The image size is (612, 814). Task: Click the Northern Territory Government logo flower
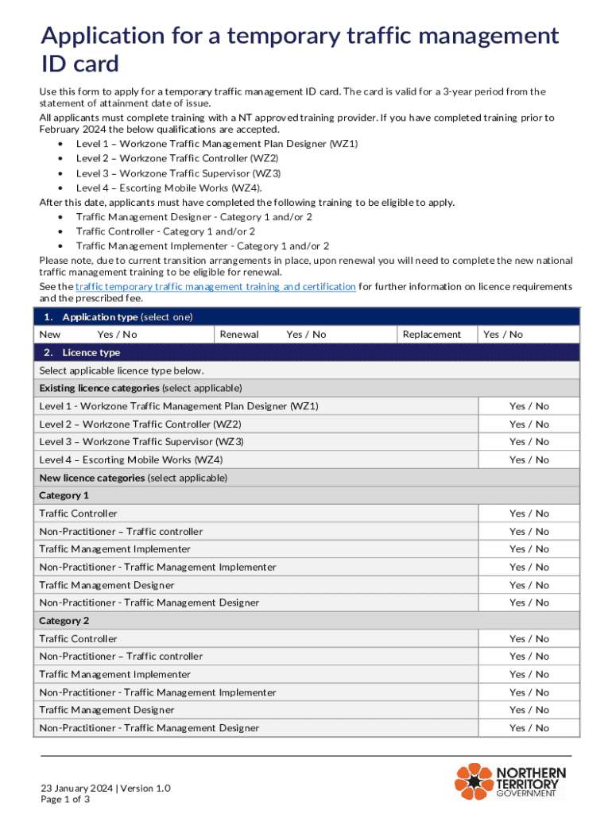pyautogui.click(x=474, y=781)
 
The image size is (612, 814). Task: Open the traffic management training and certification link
pyautogui.click(x=215, y=286)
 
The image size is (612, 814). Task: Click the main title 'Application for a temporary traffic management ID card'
pyautogui.click(x=300, y=49)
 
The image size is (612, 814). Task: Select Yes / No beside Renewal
pyautogui.click(x=306, y=335)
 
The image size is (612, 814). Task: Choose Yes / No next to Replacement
pyautogui.click(x=503, y=335)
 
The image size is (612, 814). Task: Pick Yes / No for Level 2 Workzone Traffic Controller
pyautogui.click(x=529, y=424)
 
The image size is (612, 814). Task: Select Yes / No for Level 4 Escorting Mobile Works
pyautogui.click(x=529, y=460)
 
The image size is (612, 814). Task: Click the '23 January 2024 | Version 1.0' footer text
pyautogui.click(x=106, y=788)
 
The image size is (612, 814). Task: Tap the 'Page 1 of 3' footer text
pyautogui.click(x=65, y=800)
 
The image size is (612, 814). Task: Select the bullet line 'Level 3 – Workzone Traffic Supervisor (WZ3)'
pyautogui.click(x=178, y=172)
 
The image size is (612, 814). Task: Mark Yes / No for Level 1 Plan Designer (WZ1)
pyautogui.click(x=529, y=406)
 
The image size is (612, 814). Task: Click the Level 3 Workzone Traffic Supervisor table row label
pyautogui.click(x=141, y=442)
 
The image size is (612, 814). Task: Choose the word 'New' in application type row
pyautogui.click(x=49, y=335)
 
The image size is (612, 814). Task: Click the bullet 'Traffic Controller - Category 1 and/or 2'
pyautogui.click(x=165, y=231)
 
